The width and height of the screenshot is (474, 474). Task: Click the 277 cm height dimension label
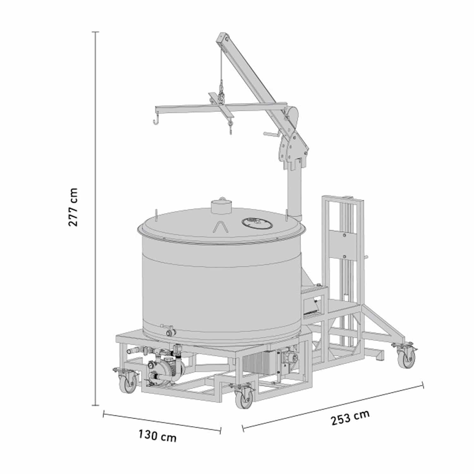coord(73,207)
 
